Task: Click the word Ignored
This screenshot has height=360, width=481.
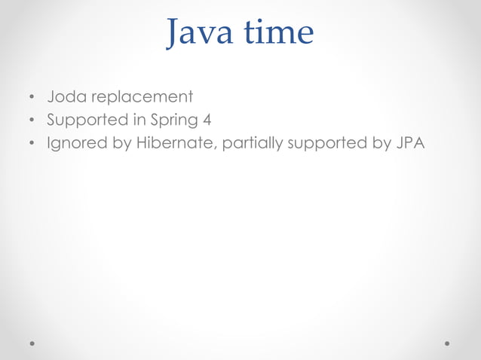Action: [78, 143]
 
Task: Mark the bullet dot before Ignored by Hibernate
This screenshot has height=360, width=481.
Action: [31, 144]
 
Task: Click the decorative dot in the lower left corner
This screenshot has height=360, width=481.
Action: [32, 343]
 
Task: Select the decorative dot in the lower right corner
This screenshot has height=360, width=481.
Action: [448, 343]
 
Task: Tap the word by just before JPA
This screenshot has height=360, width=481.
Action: [378, 143]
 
